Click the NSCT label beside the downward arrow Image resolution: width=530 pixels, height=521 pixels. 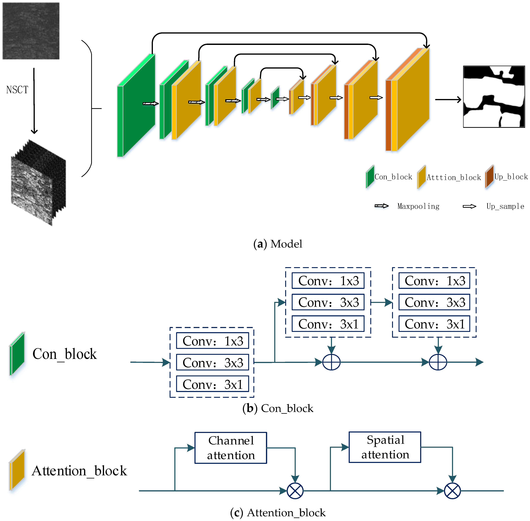(x=17, y=90)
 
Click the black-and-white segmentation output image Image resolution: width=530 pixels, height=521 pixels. (x=494, y=97)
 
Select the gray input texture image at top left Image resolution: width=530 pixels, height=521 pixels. (x=31, y=31)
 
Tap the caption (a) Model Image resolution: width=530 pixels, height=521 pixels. (x=278, y=244)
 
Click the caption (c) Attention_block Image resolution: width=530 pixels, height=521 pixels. (x=278, y=513)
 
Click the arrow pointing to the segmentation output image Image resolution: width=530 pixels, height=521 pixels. (x=448, y=100)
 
